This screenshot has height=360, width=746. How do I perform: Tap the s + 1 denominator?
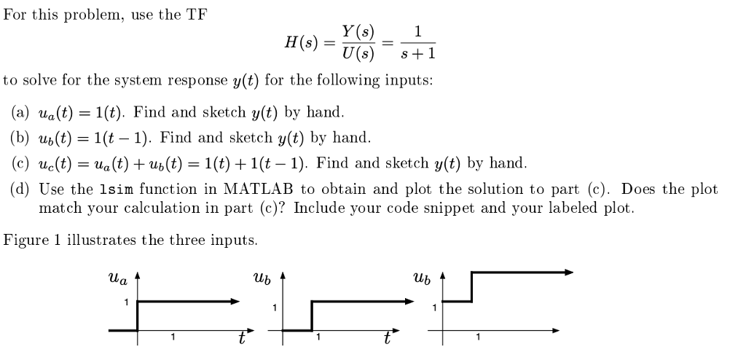[x=417, y=54]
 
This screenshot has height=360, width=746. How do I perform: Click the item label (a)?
[x=20, y=113]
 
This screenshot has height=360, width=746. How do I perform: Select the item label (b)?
[x=20, y=138]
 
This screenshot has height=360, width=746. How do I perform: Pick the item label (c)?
[x=20, y=163]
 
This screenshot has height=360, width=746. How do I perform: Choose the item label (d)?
[x=20, y=189]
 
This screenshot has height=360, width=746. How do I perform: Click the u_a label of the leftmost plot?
[x=117, y=278]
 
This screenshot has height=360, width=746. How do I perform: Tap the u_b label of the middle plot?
[x=261, y=278]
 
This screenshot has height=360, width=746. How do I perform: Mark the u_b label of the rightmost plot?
[x=420, y=278]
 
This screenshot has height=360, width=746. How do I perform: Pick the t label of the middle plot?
[x=387, y=339]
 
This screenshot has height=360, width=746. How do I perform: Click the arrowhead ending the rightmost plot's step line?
[x=569, y=272]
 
